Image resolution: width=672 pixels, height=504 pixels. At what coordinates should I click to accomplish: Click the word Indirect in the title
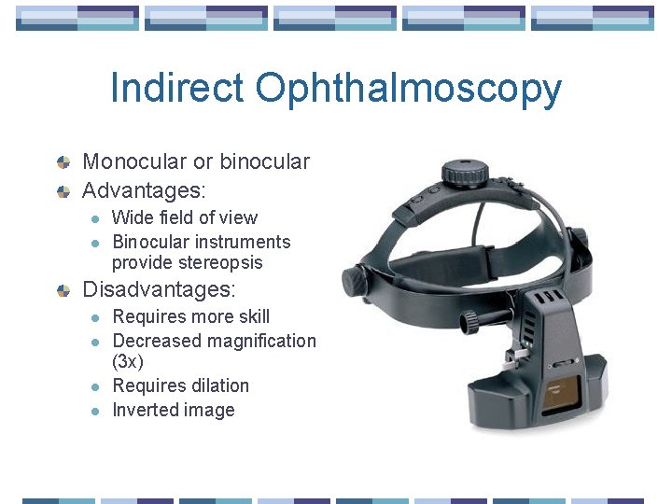[177, 89]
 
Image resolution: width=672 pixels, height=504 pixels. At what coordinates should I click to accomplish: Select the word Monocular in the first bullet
[135, 161]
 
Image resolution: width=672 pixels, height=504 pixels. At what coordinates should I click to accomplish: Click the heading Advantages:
[144, 190]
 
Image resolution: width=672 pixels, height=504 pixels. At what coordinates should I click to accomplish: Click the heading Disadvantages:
[159, 289]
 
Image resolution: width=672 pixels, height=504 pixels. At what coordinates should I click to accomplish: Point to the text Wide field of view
[184, 217]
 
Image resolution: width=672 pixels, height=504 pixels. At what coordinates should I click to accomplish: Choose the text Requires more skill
[190, 316]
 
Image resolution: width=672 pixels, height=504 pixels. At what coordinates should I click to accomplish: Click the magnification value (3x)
[128, 361]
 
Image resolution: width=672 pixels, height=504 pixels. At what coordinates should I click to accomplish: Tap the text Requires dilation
[180, 385]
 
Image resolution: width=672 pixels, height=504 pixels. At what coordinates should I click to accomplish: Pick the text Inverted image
[173, 410]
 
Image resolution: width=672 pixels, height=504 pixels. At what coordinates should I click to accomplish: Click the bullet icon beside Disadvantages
[63, 290]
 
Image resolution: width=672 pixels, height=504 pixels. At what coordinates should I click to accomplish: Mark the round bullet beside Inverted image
[93, 411]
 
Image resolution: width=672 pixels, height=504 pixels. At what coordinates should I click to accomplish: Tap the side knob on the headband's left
[353, 278]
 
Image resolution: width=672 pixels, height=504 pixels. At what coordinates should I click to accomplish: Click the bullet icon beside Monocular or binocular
[63, 162]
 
